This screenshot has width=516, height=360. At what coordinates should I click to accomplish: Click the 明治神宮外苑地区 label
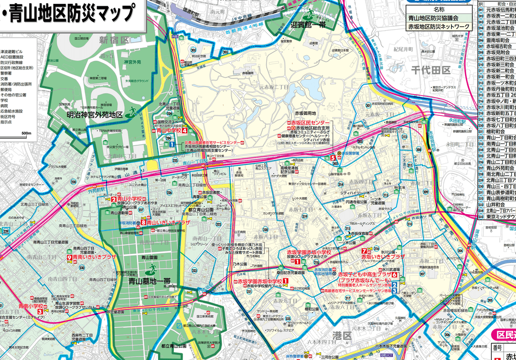[95, 115]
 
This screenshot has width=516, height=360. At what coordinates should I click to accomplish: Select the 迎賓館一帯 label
[308, 24]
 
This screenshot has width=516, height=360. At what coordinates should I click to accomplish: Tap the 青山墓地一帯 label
[150, 282]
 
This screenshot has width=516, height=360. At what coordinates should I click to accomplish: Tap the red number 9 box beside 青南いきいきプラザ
[70, 257]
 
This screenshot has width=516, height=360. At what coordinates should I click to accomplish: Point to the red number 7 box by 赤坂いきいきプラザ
[364, 251]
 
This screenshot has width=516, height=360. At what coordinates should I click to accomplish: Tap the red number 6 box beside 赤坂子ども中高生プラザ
[395, 275]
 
